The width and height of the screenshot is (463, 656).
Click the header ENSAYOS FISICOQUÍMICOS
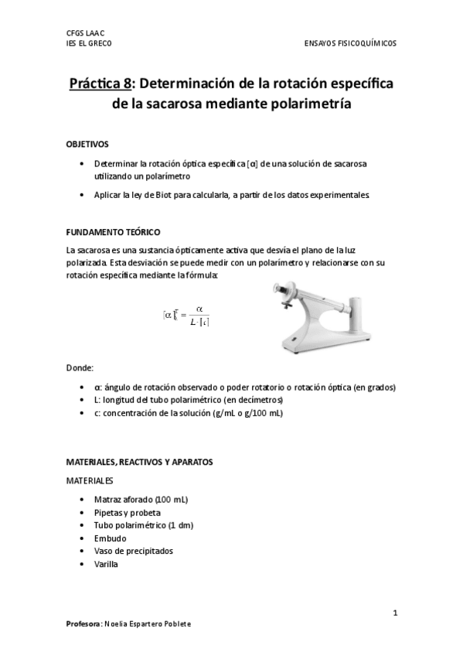coord(351,43)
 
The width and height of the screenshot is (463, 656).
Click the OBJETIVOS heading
coord(87,145)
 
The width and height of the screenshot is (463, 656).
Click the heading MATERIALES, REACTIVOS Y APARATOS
coord(139,462)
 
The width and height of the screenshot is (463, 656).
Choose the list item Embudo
coord(110,538)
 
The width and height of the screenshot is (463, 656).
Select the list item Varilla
coord(107,564)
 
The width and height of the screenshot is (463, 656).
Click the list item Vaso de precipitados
coord(133,551)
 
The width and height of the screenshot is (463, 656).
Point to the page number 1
coord(395,613)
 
